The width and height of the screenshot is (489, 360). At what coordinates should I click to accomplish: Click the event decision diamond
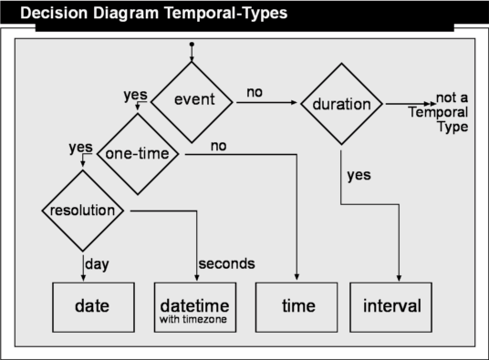(192, 102)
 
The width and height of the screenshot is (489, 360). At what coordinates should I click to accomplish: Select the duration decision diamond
(341, 104)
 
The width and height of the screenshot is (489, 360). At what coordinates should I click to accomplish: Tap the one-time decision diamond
(138, 154)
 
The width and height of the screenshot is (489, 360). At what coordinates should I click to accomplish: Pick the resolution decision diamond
(83, 211)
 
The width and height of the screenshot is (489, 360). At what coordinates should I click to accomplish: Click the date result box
(94, 307)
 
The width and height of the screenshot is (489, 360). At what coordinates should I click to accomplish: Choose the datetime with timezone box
(195, 307)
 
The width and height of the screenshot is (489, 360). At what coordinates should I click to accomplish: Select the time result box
(297, 307)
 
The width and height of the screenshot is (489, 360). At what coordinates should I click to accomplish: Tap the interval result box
(390, 307)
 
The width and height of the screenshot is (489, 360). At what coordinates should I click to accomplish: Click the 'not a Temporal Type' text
(439, 112)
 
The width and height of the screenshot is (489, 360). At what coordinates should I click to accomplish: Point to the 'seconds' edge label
(227, 263)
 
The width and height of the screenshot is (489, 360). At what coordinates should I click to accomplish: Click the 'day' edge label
(97, 264)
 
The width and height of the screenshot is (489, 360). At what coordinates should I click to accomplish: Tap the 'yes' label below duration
(359, 175)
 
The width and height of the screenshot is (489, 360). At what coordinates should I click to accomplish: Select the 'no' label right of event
(255, 92)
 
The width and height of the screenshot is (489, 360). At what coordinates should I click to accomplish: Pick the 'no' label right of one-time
(219, 146)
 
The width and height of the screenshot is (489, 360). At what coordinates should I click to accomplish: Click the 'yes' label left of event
(135, 96)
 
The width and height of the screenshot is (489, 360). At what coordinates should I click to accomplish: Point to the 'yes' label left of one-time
(81, 148)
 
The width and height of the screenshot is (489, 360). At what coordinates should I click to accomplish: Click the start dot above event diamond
(192, 45)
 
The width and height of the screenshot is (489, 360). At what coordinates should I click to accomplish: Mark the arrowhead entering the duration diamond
(294, 102)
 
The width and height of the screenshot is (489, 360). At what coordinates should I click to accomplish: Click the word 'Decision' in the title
(54, 13)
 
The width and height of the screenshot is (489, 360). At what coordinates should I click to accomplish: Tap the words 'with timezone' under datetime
(193, 319)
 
